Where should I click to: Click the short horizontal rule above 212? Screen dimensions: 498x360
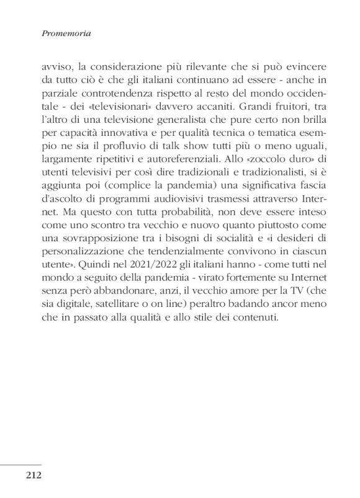[21, 463]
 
